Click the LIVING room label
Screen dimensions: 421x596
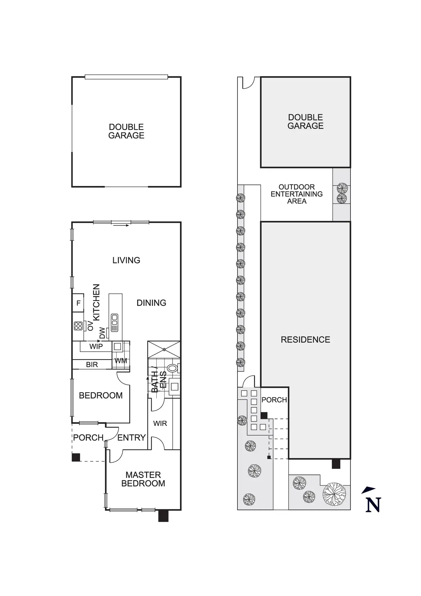tap(126, 260)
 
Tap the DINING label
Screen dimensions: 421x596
tap(151, 303)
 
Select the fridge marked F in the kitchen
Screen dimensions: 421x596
tap(78, 303)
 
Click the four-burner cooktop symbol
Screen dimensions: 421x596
tap(78, 326)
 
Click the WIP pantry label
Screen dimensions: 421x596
tap(96, 346)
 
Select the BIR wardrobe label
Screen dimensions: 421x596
tap(92, 364)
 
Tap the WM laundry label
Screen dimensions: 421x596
tap(121, 361)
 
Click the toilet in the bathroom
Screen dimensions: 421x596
tap(172, 368)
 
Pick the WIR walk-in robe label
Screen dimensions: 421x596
tap(160, 423)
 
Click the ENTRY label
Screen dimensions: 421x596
tap(131, 437)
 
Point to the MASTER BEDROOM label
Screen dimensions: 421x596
tap(143, 479)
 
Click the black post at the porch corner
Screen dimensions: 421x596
tap(76, 457)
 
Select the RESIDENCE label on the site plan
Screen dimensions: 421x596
tap(305, 339)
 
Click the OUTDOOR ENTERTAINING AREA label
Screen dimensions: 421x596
tap(296, 194)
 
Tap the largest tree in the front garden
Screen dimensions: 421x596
tap(334, 494)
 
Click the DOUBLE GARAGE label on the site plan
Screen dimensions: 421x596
tap(305, 122)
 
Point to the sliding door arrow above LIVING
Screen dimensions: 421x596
tap(121, 225)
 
